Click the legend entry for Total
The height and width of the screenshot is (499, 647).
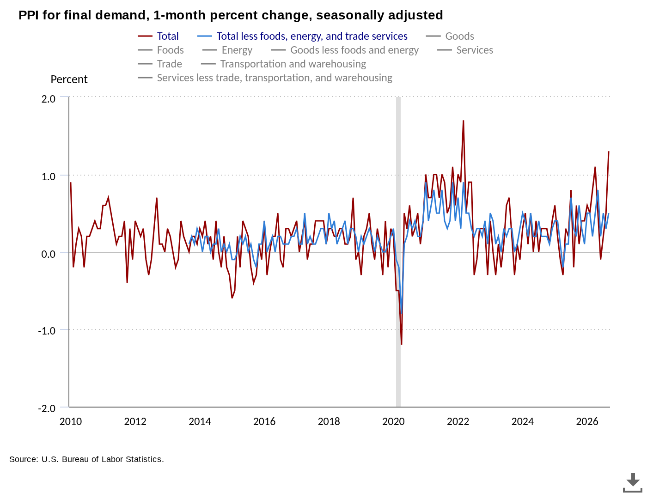[158, 36]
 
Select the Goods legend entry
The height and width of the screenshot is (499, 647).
[450, 36]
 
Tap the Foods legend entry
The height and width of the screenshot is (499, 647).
[160, 50]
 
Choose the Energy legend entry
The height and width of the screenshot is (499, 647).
[227, 50]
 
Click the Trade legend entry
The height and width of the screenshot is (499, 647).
[159, 64]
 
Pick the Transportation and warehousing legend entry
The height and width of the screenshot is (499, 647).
[283, 64]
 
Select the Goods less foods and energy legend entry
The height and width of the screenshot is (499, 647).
[345, 50]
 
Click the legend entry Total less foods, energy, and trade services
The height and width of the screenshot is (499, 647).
[302, 36]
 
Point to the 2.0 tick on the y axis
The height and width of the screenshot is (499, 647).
[48, 99]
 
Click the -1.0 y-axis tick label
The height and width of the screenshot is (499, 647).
[47, 330]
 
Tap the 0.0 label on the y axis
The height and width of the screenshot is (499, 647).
[48, 254]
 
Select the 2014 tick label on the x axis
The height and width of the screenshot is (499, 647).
[200, 421]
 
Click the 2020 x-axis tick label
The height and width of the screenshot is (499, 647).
[393, 421]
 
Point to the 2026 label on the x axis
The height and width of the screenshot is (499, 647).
[587, 421]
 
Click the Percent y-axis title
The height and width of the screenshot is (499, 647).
[69, 79]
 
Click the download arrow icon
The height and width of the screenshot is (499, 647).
[633, 483]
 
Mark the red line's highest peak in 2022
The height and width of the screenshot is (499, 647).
[463, 121]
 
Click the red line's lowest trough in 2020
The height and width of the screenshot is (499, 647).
[401, 344]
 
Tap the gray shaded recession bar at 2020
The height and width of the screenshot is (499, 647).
[398, 252]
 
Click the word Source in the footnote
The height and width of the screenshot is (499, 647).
[24, 459]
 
